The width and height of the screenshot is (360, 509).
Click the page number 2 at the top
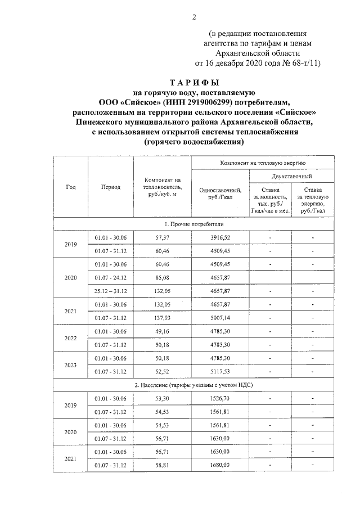tap(194, 16)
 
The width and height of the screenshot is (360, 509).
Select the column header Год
tap(71, 187)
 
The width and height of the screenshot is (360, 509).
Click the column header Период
tap(111, 187)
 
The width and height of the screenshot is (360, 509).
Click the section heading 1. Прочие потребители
tap(194, 224)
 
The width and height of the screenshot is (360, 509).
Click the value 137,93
tap(163, 318)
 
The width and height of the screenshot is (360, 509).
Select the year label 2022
tap(71, 338)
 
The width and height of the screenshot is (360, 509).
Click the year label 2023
tap(71, 365)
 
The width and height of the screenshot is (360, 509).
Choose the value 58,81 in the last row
tap(163, 465)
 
